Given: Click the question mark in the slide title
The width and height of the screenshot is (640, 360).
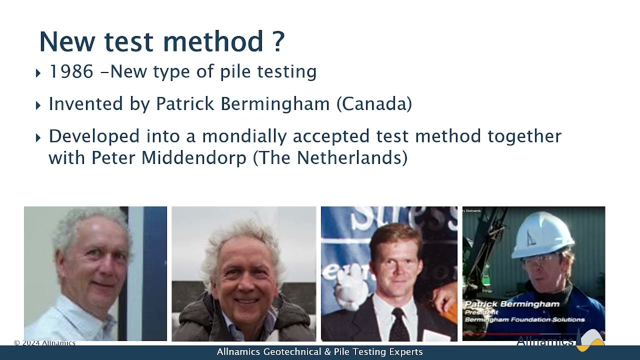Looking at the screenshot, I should pos(279,41).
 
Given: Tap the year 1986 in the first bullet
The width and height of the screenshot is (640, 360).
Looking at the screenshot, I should pos(71,72).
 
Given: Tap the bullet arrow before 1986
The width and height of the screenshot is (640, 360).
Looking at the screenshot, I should pos(38,73).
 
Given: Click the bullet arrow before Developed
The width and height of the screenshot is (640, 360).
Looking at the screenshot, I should pos(38,138).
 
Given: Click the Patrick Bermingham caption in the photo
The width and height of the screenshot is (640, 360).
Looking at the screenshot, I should pos(512,304).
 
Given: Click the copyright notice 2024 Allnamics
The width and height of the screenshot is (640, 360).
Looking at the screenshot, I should pos(44,343).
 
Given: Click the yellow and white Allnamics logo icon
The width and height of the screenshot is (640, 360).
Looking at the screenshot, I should pos(591,340).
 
